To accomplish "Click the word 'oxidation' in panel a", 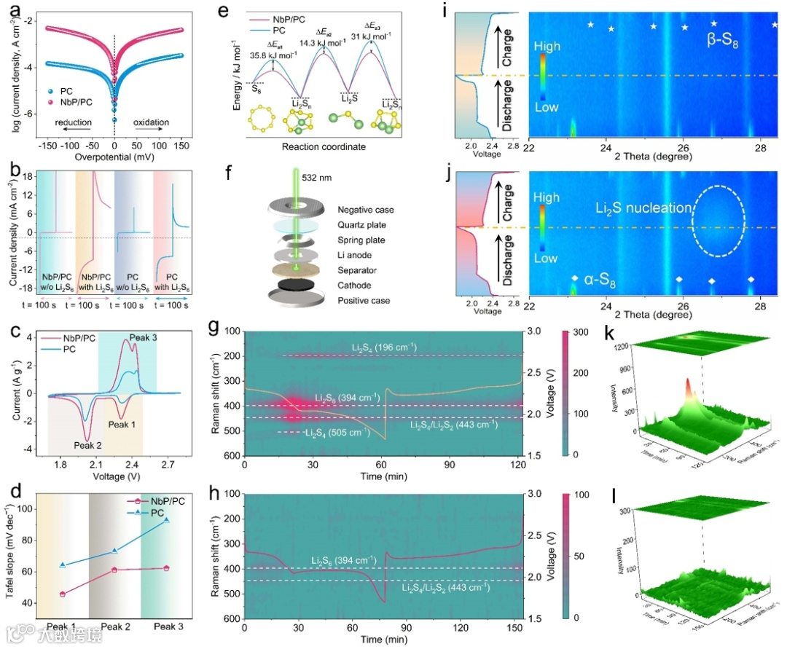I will click(x=151, y=122).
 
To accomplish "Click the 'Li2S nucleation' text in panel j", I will click(x=641, y=208).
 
